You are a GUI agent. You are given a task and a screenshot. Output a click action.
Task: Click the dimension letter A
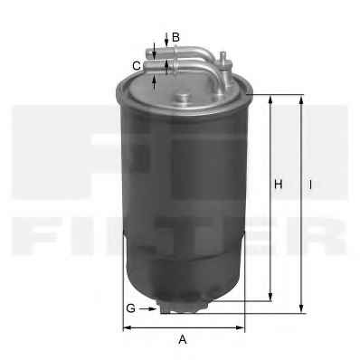183,339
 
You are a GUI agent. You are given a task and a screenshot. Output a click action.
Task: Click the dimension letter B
175,37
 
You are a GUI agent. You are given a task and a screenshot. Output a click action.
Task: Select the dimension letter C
137,66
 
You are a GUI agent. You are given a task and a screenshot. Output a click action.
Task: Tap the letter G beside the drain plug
131,308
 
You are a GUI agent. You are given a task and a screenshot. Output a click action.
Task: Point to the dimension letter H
278,184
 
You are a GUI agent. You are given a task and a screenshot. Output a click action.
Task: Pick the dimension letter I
310,185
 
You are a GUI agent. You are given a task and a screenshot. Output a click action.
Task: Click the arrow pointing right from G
148,308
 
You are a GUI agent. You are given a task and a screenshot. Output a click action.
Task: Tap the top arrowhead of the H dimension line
270,100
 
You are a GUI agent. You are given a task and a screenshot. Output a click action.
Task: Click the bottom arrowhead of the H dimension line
270,296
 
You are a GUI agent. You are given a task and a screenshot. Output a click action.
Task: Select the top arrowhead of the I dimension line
301,100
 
